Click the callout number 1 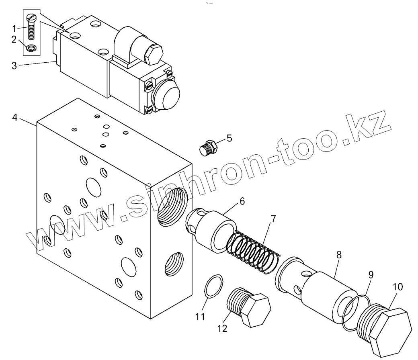click(x=14, y=29)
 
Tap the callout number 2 click(x=14, y=39)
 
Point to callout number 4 click(x=14, y=118)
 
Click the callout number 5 click(x=229, y=139)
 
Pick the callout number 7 click(x=273, y=219)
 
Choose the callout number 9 click(x=371, y=275)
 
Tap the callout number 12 click(x=222, y=329)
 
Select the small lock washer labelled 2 click(x=31, y=49)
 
